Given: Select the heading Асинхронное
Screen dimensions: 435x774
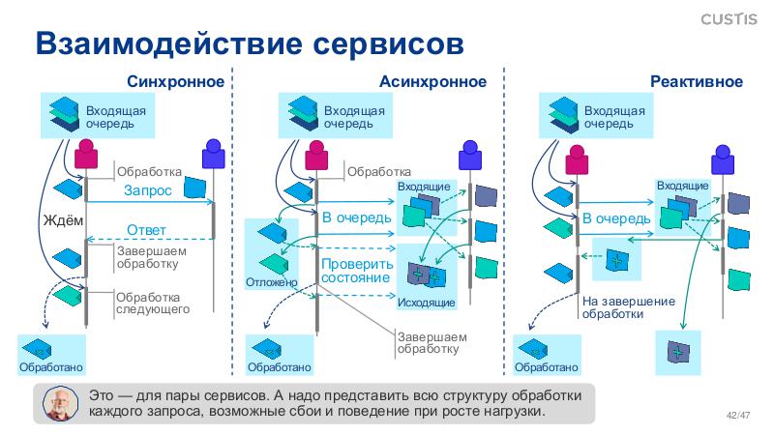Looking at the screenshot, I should pos(432,82).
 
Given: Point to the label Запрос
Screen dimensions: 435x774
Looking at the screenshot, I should pos(148,191).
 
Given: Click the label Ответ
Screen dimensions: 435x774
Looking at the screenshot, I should pos(147,229).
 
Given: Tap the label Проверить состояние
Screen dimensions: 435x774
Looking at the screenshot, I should pos(357,271).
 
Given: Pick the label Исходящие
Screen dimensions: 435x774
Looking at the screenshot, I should pos(426,304).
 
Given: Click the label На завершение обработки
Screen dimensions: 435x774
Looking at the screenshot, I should pos(628,307).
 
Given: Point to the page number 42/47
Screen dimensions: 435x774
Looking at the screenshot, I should pos(738,416).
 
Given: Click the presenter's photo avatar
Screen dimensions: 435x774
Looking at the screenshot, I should pos(62,405).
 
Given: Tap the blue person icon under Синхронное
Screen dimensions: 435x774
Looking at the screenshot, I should pos(212,155).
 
